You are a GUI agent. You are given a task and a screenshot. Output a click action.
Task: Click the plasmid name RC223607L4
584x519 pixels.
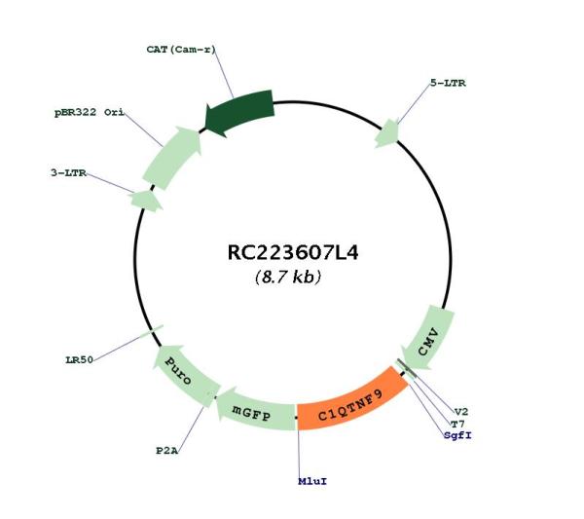pyautogui.click(x=293, y=252)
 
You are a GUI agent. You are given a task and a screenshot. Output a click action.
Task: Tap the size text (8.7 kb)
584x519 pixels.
pyautogui.click(x=288, y=277)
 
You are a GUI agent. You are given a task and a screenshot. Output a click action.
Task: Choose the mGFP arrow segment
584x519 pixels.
pyautogui.click(x=256, y=411)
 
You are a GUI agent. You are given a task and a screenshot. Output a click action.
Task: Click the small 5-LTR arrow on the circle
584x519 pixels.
pyautogui.click(x=387, y=133)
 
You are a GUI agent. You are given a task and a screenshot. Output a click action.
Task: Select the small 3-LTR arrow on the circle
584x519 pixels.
pyautogui.click(x=146, y=201)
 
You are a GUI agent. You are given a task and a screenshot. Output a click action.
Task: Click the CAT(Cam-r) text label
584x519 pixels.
pyautogui.click(x=181, y=50)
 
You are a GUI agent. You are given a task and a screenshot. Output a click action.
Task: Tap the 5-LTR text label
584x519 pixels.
pyautogui.click(x=448, y=83)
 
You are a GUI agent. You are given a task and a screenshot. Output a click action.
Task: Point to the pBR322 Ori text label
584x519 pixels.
pyautogui.click(x=90, y=112)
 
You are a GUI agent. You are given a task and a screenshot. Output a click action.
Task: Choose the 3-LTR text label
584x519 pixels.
pyautogui.click(x=68, y=173)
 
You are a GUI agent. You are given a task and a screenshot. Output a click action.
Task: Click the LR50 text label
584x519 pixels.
pyautogui.click(x=80, y=360)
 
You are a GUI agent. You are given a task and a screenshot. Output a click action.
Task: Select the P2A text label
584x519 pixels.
pyautogui.click(x=166, y=451)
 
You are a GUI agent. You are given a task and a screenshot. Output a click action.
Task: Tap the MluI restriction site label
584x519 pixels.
pyautogui.click(x=312, y=481)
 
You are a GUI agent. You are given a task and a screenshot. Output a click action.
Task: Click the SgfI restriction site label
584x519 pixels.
pyautogui.click(x=457, y=435)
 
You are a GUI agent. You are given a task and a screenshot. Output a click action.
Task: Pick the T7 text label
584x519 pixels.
pyautogui.click(x=457, y=424)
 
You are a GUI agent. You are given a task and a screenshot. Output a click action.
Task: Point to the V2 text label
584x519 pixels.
pyautogui.click(x=461, y=412)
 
